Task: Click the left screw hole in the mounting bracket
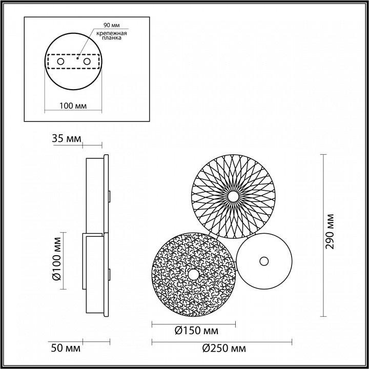60,61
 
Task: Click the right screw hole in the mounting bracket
87,61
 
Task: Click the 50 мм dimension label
66,348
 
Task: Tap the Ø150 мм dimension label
194,332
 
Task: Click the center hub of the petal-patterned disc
234,196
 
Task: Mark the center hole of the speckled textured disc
193,275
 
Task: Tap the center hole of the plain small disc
264,261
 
